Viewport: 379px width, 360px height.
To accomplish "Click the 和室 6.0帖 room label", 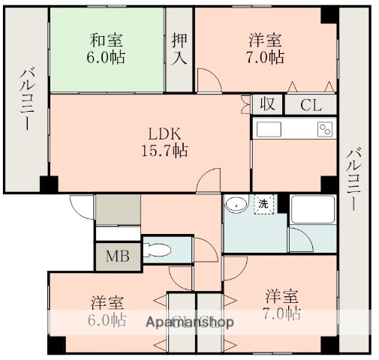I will point(107,49).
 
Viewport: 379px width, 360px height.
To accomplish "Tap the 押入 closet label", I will point(179,49).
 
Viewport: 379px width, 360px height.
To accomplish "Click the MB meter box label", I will point(116,256).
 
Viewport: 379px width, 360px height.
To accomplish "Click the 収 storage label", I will point(266,104).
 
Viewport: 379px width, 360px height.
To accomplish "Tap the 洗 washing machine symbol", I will point(263,203).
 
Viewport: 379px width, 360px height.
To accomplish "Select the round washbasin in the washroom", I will point(238,203).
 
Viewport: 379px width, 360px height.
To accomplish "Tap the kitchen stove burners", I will point(325,129).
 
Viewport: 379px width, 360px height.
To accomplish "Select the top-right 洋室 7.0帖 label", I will point(266,49).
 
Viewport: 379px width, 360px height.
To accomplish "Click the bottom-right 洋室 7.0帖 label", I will point(282,304).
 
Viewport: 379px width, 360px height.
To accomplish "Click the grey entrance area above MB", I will point(117,210).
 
